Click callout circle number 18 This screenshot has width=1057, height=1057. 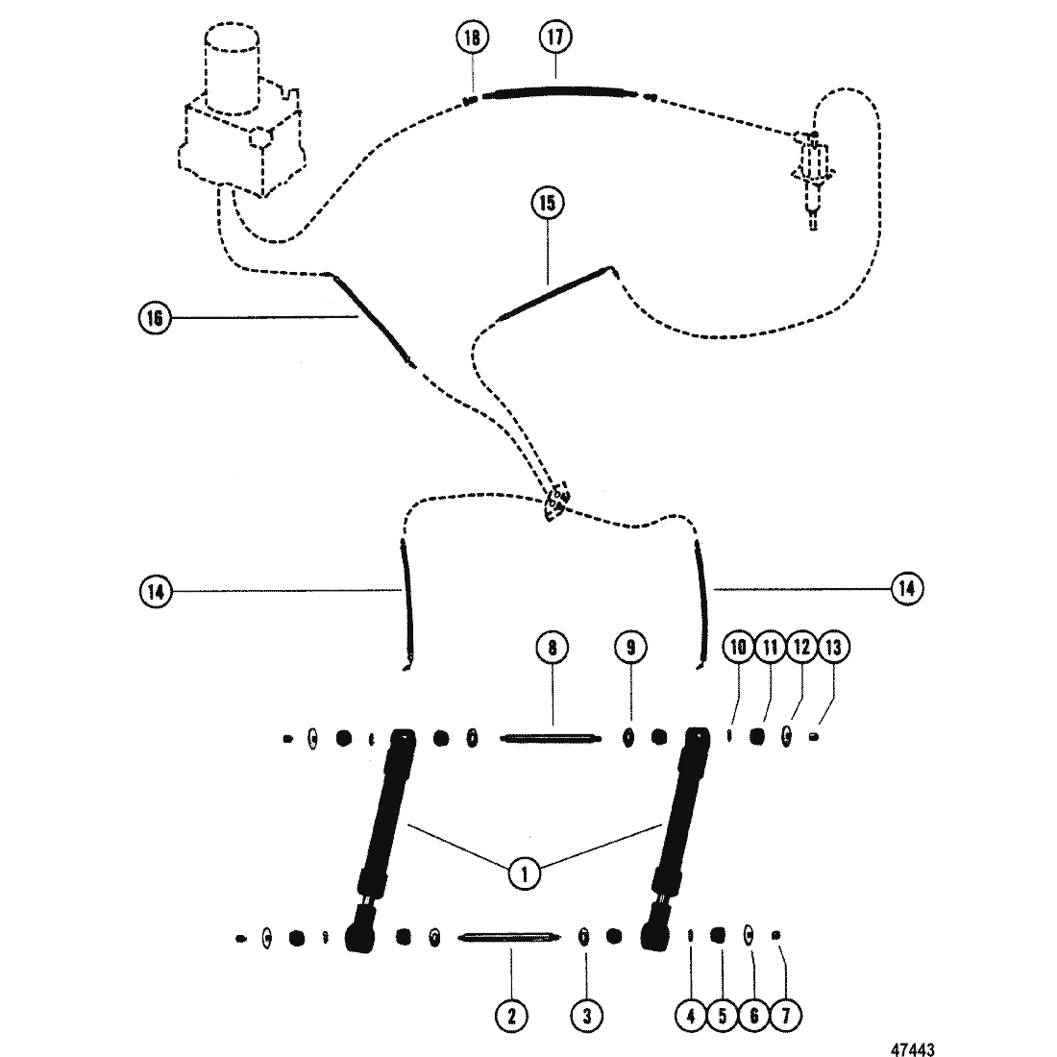click(x=472, y=37)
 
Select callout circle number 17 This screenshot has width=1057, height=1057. click(x=554, y=37)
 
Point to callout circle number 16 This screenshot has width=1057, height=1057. click(x=154, y=317)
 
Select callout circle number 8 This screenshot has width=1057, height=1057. click(x=553, y=648)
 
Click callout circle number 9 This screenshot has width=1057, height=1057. click(x=630, y=648)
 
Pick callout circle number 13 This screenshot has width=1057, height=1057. click(x=832, y=648)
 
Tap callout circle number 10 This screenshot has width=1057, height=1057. click(x=739, y=648)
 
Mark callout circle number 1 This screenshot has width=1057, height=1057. click(x=525, y=873)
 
